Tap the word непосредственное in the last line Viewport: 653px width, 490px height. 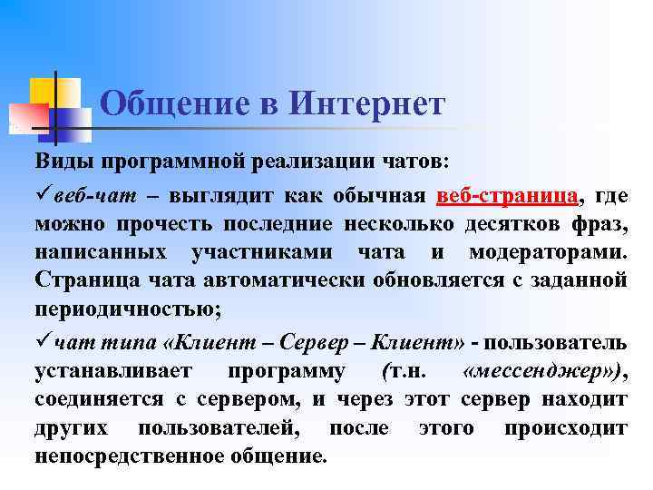pyautogui.click(x=123, y=456)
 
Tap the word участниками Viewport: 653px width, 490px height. pyautogui.click(x=257, y=251)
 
